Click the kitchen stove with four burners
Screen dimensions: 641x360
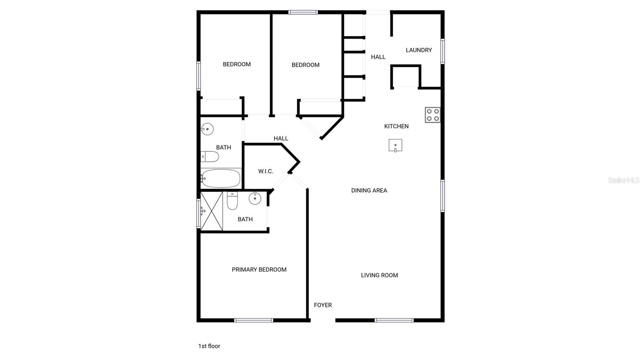point(432,115)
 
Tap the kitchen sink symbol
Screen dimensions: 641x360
point(395,145)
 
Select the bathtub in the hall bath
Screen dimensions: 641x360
point(221,179)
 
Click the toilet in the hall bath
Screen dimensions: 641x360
point(210,157)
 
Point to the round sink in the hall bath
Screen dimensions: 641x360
point(207,129)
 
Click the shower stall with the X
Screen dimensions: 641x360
point(212,211)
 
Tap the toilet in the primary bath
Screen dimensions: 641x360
point(232,201)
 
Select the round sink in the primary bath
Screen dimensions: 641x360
point(255,198)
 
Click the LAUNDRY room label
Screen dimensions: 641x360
point(419,50)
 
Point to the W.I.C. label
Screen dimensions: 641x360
point(266,171)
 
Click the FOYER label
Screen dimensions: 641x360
point(323,305)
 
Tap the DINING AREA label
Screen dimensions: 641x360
point(369,191)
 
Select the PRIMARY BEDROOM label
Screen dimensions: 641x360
point(259,269)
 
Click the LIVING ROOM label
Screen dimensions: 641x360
point(379,276)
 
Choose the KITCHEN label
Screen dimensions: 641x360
point(396,126)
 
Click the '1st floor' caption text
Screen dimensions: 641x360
point(209,346)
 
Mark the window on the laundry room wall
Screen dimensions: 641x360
point(442,52)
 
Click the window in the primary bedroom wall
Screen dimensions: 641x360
point(254,320)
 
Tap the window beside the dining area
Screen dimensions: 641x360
point(442,196)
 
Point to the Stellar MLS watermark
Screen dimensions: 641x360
point(624,180)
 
